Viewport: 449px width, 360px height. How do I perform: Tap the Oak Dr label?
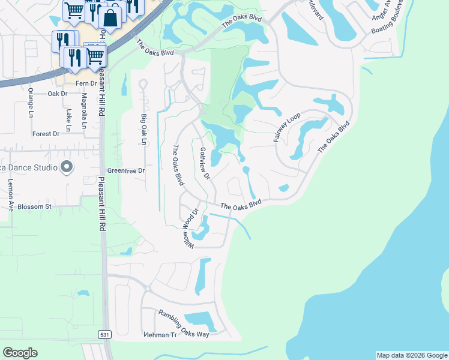pyautogui.click(x=58, y=94)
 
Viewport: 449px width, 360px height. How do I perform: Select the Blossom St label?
pyautogui.click(x=35, y=206)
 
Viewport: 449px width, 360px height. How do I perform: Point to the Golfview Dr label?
pyautogui.click(x=205, y=164)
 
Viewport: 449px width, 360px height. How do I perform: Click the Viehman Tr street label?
pyautogui.click(x=160, y=334)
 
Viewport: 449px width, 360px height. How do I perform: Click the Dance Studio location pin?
pyautogui.click(x=67, y=167)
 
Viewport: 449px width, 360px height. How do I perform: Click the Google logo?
pyautogui.click(x=20, y=352)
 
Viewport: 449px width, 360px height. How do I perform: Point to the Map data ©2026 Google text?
pyautogui.click(x=411, y=355)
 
